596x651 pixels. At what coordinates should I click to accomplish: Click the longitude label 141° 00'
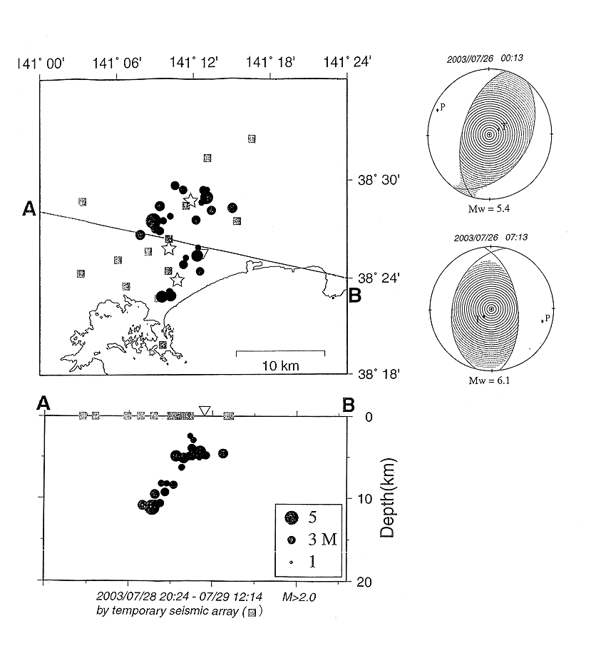(x=43, y=65)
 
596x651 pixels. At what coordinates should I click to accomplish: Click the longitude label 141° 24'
(x=347, y=65)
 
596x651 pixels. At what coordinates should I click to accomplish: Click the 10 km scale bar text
(x=280, y=365)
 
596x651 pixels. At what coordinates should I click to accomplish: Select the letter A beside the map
(x=29, y=208)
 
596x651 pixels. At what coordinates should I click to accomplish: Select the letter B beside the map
(x=354, y=293)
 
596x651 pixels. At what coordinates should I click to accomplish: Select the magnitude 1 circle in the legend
(x=291, y=562)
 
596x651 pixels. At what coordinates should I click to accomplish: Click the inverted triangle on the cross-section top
(x=205, y=410)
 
